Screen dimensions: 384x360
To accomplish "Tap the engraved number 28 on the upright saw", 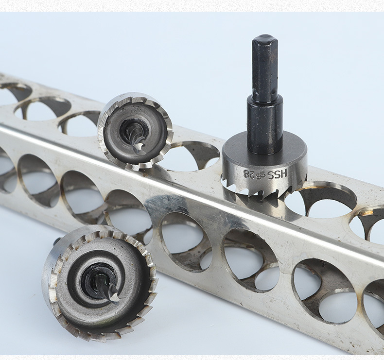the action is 250,174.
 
